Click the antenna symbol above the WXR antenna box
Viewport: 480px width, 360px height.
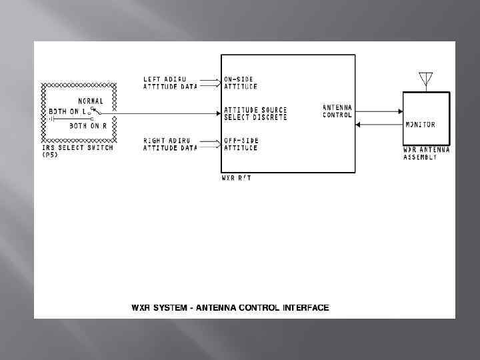point(425,80)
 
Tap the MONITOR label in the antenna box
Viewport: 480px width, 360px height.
point(420,125)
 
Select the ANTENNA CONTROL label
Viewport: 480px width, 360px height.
point(337,111)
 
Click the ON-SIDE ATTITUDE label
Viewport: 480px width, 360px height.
point(241,83)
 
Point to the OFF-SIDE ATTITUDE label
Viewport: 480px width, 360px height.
point(241,145)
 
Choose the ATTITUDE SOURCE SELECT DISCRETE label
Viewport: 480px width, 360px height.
point(255,113)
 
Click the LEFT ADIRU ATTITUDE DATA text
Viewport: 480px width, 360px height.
point(171,83)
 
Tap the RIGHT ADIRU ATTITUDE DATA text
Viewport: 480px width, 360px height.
point(171,145)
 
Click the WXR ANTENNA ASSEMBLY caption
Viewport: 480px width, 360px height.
point(426,153)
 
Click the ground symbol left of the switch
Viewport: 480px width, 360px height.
point(51,119)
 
